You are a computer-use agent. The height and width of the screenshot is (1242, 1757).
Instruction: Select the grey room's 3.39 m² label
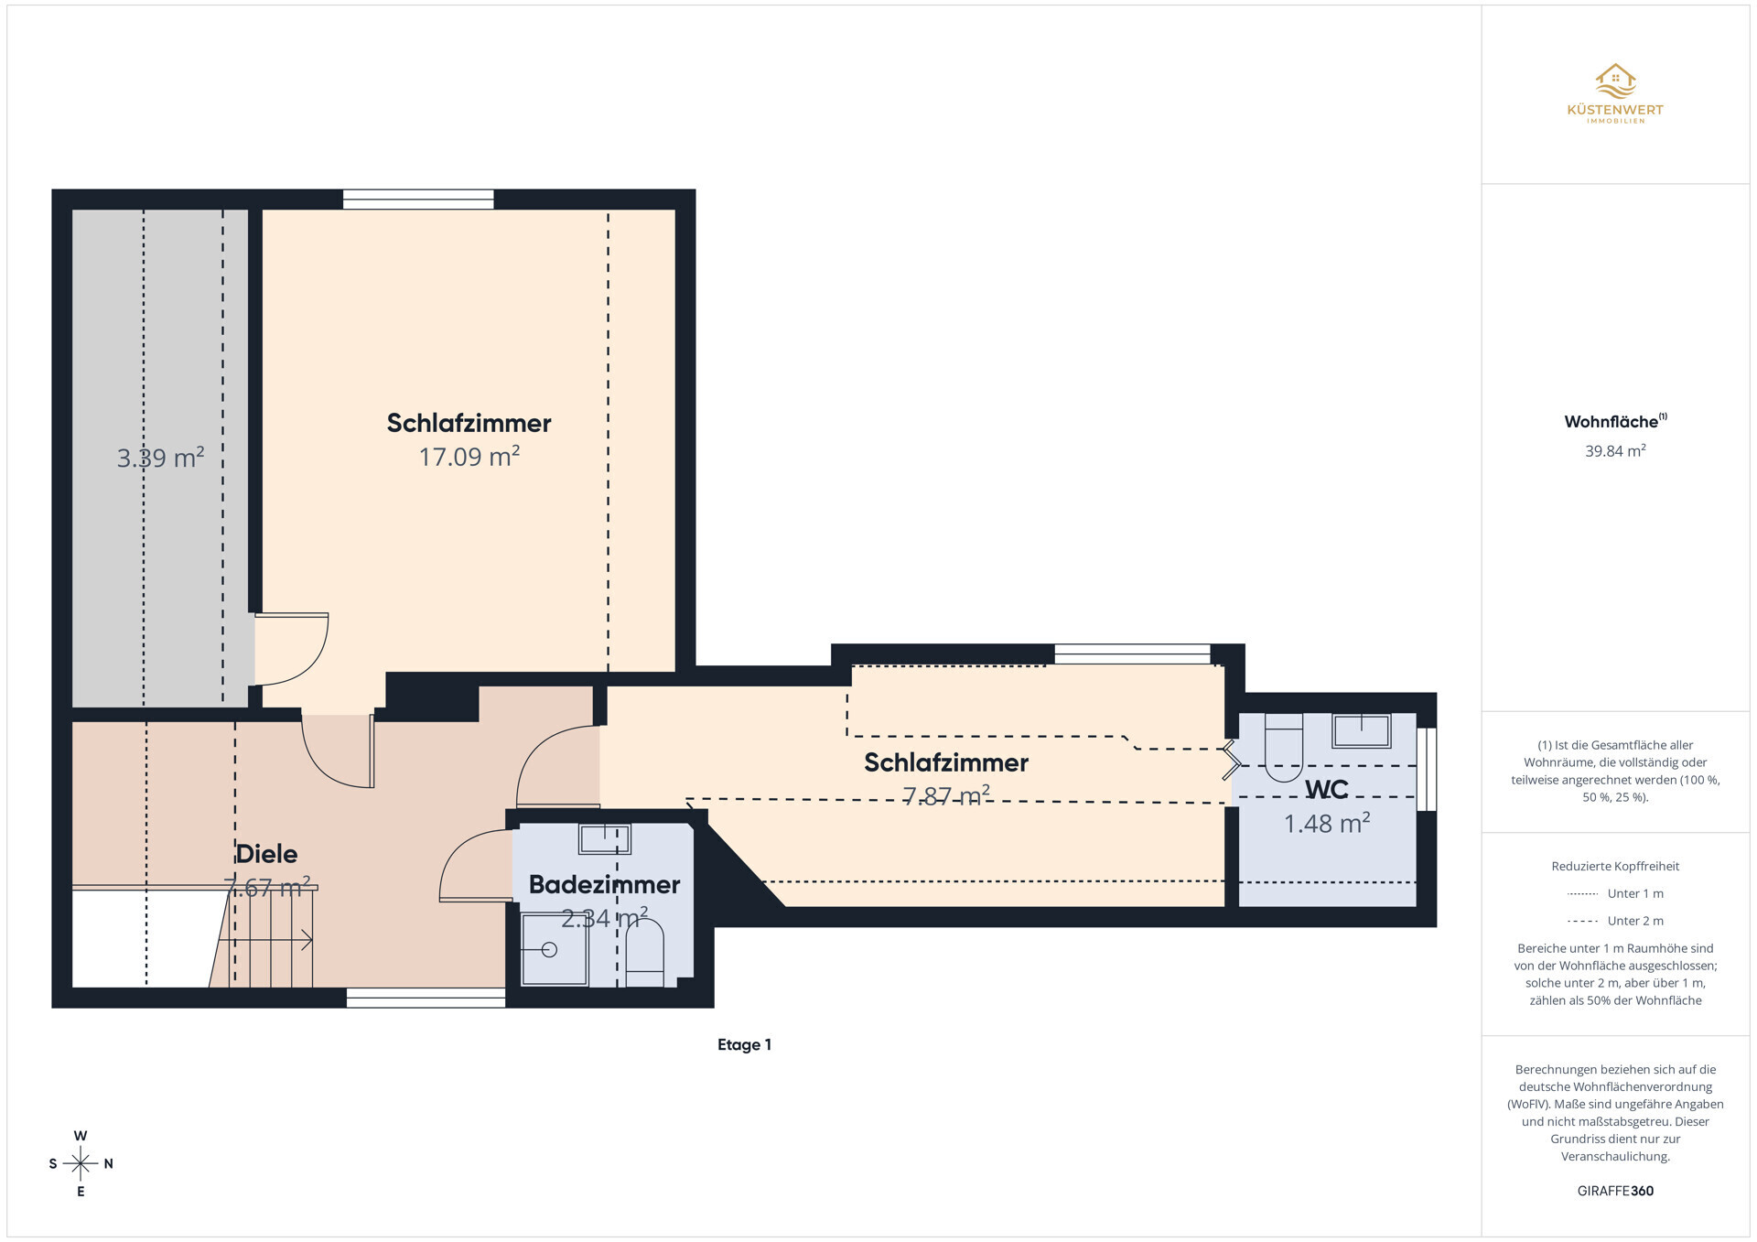tap(160, 457)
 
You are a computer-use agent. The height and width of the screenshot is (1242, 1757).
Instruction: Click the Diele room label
tap(266, 854)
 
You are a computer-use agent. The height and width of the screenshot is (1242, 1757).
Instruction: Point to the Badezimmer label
tap(604, 884)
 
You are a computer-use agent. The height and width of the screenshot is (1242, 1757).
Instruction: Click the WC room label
tap(1326, 789)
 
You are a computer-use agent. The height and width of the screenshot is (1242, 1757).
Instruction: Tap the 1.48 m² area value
tap(1327, 823)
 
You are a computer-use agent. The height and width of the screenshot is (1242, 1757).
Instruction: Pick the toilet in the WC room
tap(1283, 746)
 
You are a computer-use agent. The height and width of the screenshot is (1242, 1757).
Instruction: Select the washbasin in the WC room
tap(1362, 730)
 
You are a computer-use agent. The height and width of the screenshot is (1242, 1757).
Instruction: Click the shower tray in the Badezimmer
tap(555, 949)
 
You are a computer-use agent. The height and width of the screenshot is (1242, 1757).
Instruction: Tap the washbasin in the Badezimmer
tap(605, 838)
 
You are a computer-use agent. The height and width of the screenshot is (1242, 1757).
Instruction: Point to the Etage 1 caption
tap(744, 1044)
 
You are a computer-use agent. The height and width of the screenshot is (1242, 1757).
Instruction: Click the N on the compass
tap(108, 1164)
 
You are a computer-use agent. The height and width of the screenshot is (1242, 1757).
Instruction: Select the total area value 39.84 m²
tap(1615, 450)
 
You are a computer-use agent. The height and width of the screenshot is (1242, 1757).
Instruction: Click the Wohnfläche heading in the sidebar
tap(1615, 421)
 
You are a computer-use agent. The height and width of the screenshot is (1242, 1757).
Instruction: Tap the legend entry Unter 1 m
tap(1615, 893)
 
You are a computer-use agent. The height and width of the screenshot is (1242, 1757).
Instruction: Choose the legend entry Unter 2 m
tap(1615, 921)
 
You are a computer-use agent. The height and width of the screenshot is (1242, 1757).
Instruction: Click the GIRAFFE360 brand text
tap(1615, 1191)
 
